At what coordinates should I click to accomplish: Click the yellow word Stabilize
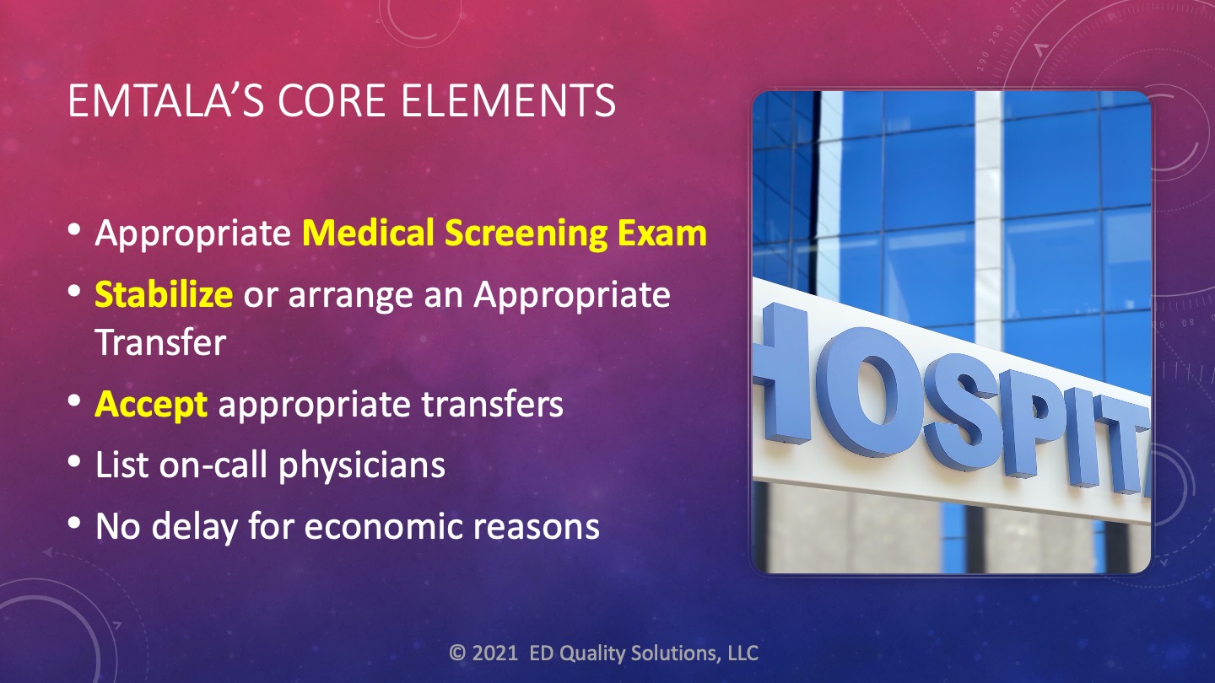(164, 294)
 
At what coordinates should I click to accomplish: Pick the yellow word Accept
(151, 406)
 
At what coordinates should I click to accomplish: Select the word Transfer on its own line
(160, 342)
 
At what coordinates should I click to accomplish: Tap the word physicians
(362, 465)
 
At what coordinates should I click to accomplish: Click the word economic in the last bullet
(383, 526)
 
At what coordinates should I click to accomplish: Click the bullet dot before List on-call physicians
(74, 462)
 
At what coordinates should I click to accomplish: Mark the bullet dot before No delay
(74, 523)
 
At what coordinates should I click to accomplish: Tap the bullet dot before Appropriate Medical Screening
(74, 229)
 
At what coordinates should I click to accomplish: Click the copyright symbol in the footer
(457, 653)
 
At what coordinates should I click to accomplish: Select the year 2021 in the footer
(494, 653)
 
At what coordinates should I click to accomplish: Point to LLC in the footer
(743, 653)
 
